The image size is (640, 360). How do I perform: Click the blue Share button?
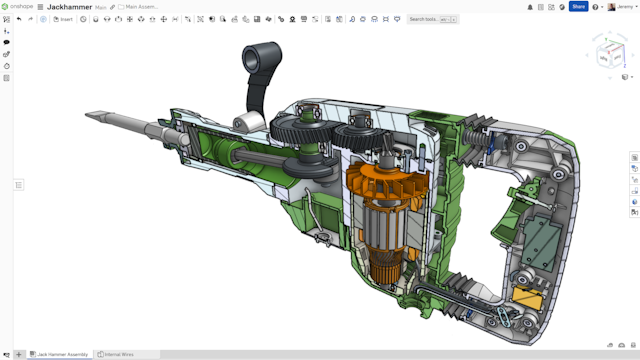click(578, 6)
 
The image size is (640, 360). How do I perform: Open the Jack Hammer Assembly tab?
click(62, 354)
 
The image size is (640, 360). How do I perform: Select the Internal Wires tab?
click(117, 354)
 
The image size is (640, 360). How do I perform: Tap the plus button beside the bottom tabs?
click(18, 354)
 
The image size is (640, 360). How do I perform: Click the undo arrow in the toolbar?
click(19, 19)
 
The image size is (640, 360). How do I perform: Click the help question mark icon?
click(596, 6)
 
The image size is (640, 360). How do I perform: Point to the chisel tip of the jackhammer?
click(92, 116)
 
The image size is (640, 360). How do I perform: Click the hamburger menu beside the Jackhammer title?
click(40, 6)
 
